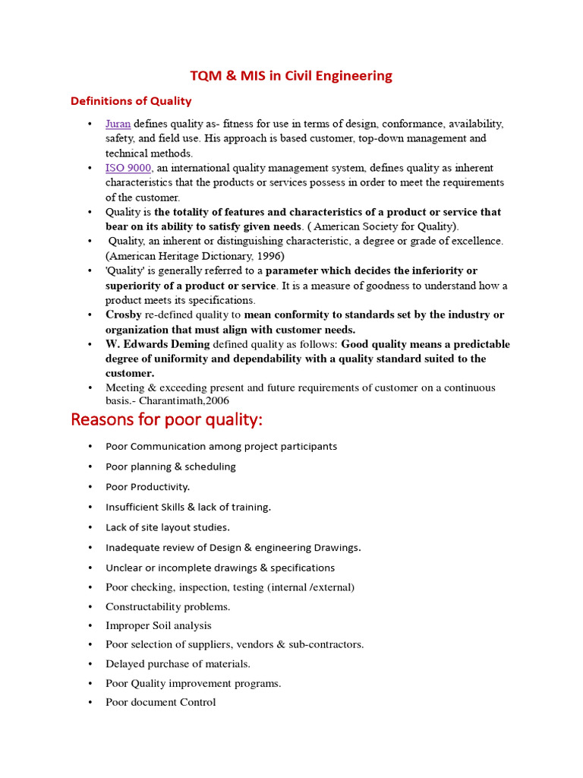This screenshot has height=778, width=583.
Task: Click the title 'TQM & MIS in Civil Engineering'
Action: (291, 75)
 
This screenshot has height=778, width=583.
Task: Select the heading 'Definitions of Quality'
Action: (131, 101)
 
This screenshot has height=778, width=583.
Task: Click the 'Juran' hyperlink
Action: (118, 123)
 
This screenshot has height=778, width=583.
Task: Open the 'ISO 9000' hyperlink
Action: (128, 168)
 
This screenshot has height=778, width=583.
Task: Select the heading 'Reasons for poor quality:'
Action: (167, 420)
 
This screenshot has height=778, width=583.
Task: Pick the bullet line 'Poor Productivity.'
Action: (147, 486)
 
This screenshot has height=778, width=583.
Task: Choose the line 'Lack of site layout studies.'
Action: (167, 527)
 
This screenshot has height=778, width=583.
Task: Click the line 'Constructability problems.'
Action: (168, 606)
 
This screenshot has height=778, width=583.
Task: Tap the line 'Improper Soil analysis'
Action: (158, 625)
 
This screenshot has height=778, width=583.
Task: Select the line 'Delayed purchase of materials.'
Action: (178, 663)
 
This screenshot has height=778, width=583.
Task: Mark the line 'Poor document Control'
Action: (160, 702)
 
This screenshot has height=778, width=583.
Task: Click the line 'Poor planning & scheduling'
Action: (171, 466)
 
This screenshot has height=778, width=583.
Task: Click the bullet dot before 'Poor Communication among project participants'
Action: (90, 447)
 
